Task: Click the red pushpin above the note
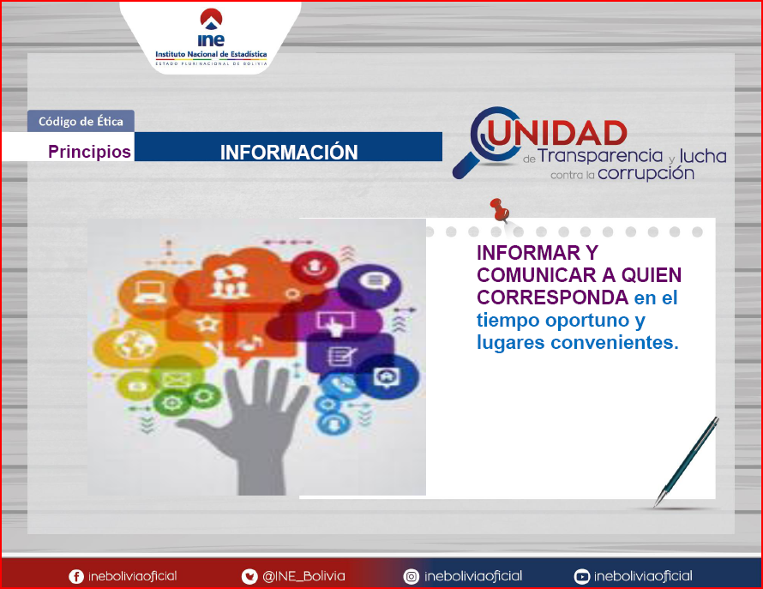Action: tap(500, 210)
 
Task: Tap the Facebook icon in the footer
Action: tap(76, 577)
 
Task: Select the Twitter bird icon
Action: tap(249, 577)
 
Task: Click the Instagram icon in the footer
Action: tap(412, 577)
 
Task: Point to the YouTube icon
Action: tap(581, 577)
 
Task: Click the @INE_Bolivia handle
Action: tap(303, 576)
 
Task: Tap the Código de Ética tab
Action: tap(81, 121)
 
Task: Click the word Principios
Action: tap(89, 152)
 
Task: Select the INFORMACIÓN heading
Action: tap(289, 153)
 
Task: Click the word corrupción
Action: tap(646, 173)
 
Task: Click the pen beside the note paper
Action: tap(686, 461)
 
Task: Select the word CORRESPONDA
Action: tap(552, 298)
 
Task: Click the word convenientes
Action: tap(615, 342)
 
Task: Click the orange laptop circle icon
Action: tap(147, 292)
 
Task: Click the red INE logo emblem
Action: tap(211, 19)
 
